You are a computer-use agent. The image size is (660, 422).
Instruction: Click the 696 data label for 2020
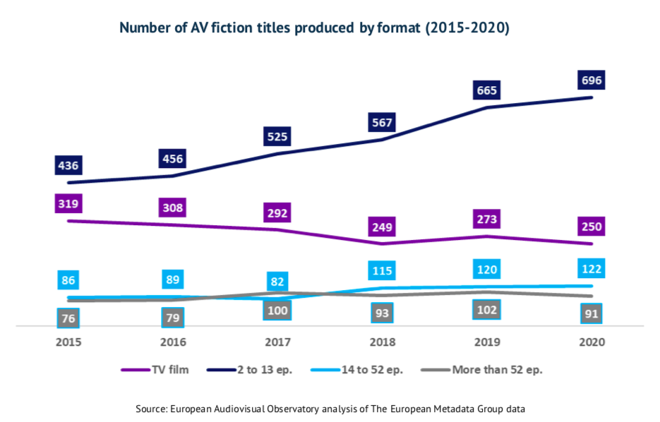(592, 80)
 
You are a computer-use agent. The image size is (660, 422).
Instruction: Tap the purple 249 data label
(382, 227)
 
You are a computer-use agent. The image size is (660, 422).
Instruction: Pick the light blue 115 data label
(382, 270)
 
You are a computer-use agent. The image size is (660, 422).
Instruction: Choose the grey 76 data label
(68, 318)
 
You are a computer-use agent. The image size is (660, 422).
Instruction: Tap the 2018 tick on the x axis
(382, 342)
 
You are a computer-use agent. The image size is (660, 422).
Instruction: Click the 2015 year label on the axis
(68, 342)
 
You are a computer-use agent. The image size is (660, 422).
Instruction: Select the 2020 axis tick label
(592, 342)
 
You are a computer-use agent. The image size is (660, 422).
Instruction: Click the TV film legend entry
(155, 370)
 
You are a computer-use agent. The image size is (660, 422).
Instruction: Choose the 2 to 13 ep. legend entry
(254, 370)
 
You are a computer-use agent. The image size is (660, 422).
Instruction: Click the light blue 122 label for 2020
(592, 269)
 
